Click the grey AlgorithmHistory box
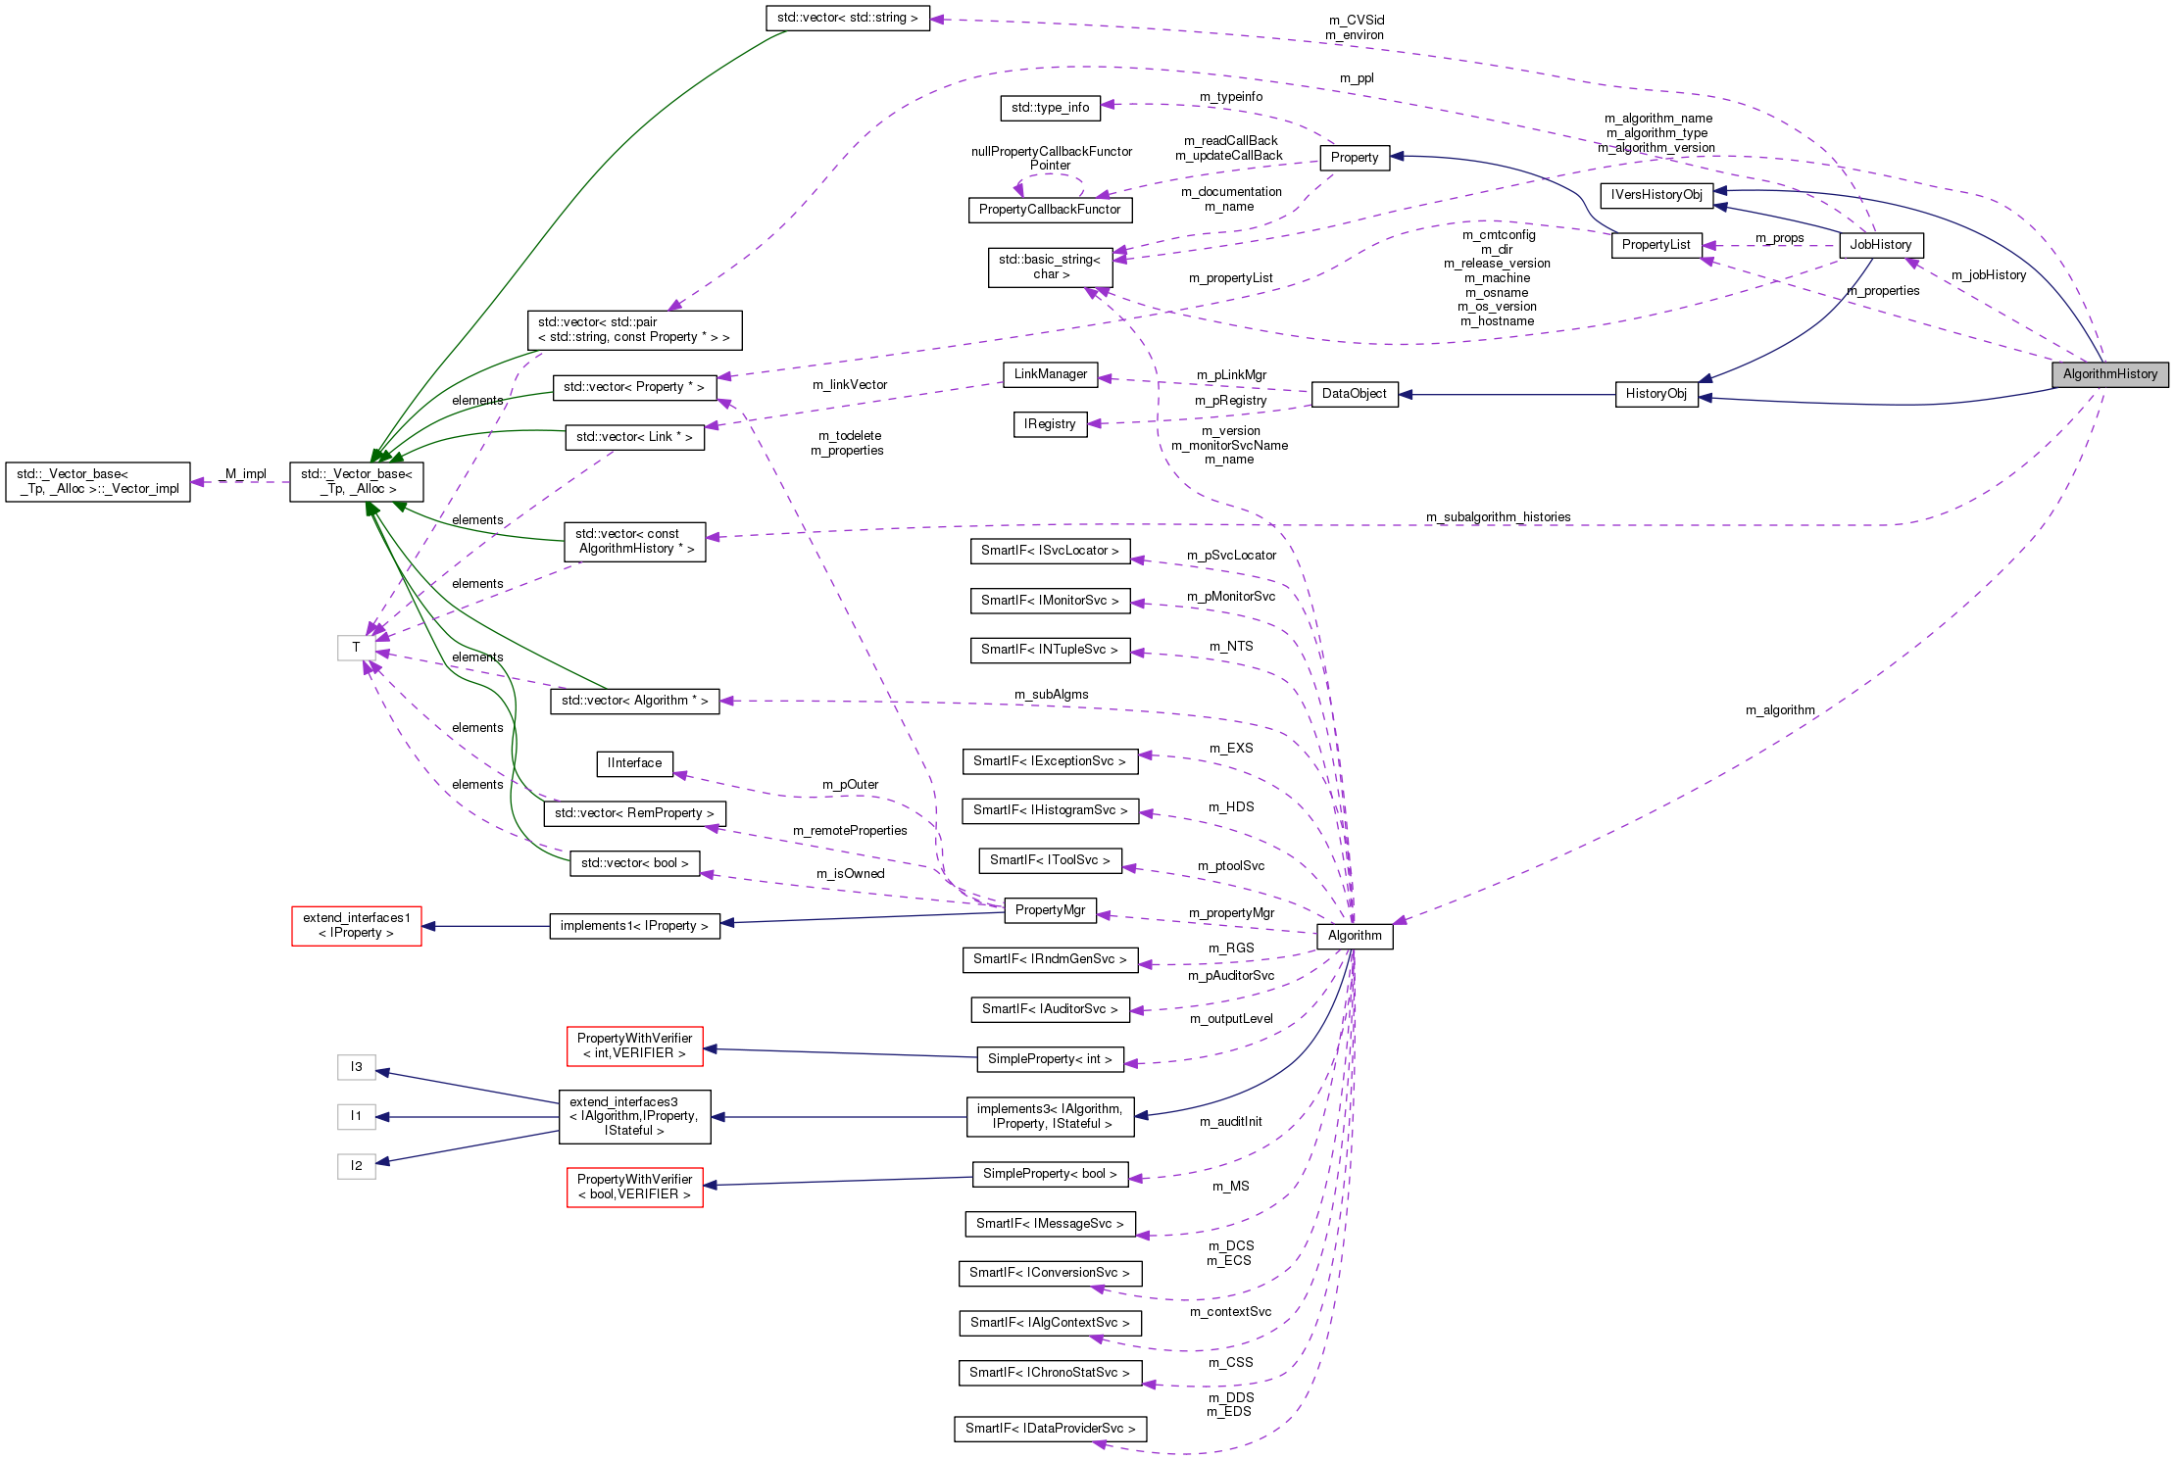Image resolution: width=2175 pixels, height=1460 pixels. coord(2109,374)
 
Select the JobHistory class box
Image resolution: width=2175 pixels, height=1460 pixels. coord(1880,245)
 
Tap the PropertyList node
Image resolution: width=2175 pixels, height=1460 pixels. coord(1656,245)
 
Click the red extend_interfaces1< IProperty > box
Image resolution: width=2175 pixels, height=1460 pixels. coord(357,926)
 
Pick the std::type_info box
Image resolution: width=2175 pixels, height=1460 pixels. coord(1050,108)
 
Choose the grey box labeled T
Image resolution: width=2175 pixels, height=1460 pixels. coord(356,648)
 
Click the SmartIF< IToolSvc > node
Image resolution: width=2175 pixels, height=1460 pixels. coord(1050,860)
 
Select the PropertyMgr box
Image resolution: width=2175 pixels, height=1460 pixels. coord(1050,910)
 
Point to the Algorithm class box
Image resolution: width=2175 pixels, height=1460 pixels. coord(1355,936)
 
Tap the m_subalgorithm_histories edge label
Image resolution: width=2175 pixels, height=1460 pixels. coord(1498,517)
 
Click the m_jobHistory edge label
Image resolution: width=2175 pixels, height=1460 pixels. coord(1988,275)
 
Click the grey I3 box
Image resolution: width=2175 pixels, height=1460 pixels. coord(357,1067)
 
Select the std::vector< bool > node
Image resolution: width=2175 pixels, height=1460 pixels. coord(634,863)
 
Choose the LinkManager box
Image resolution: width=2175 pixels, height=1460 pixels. coord(1050,374)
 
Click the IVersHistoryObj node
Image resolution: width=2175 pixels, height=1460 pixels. coord(1656,195)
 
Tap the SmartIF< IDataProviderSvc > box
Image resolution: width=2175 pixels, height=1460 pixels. coord(1050,1429)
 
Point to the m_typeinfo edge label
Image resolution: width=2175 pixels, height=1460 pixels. coord(1231,97)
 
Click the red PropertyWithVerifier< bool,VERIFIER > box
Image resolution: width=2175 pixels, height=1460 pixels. coord(634,1187)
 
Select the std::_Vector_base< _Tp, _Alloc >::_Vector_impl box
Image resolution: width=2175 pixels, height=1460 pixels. coord(98,482)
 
